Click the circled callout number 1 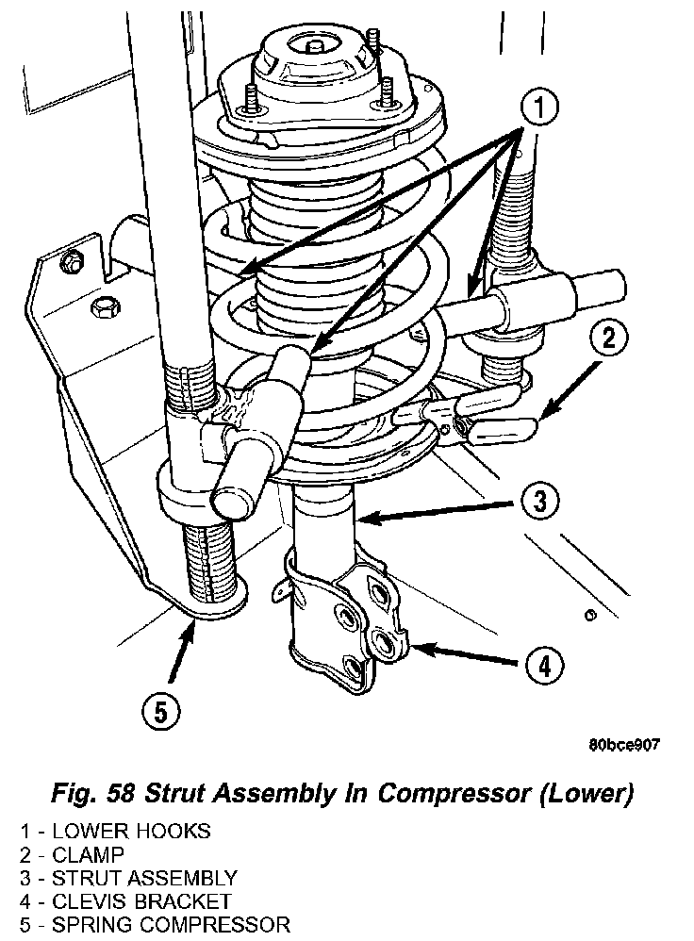click(538, 107)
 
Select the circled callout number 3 click(539, 500)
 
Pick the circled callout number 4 click(544, 666)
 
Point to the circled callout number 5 click(161, 712)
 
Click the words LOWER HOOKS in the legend click(131, 832)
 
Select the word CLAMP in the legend click(89, 854)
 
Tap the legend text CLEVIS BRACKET click(141, 901)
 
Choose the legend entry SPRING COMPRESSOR click(171, 925)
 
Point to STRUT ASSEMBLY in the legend click(144, 878)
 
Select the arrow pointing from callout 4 click(464, 654)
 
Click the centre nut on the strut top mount click(313, 46)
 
